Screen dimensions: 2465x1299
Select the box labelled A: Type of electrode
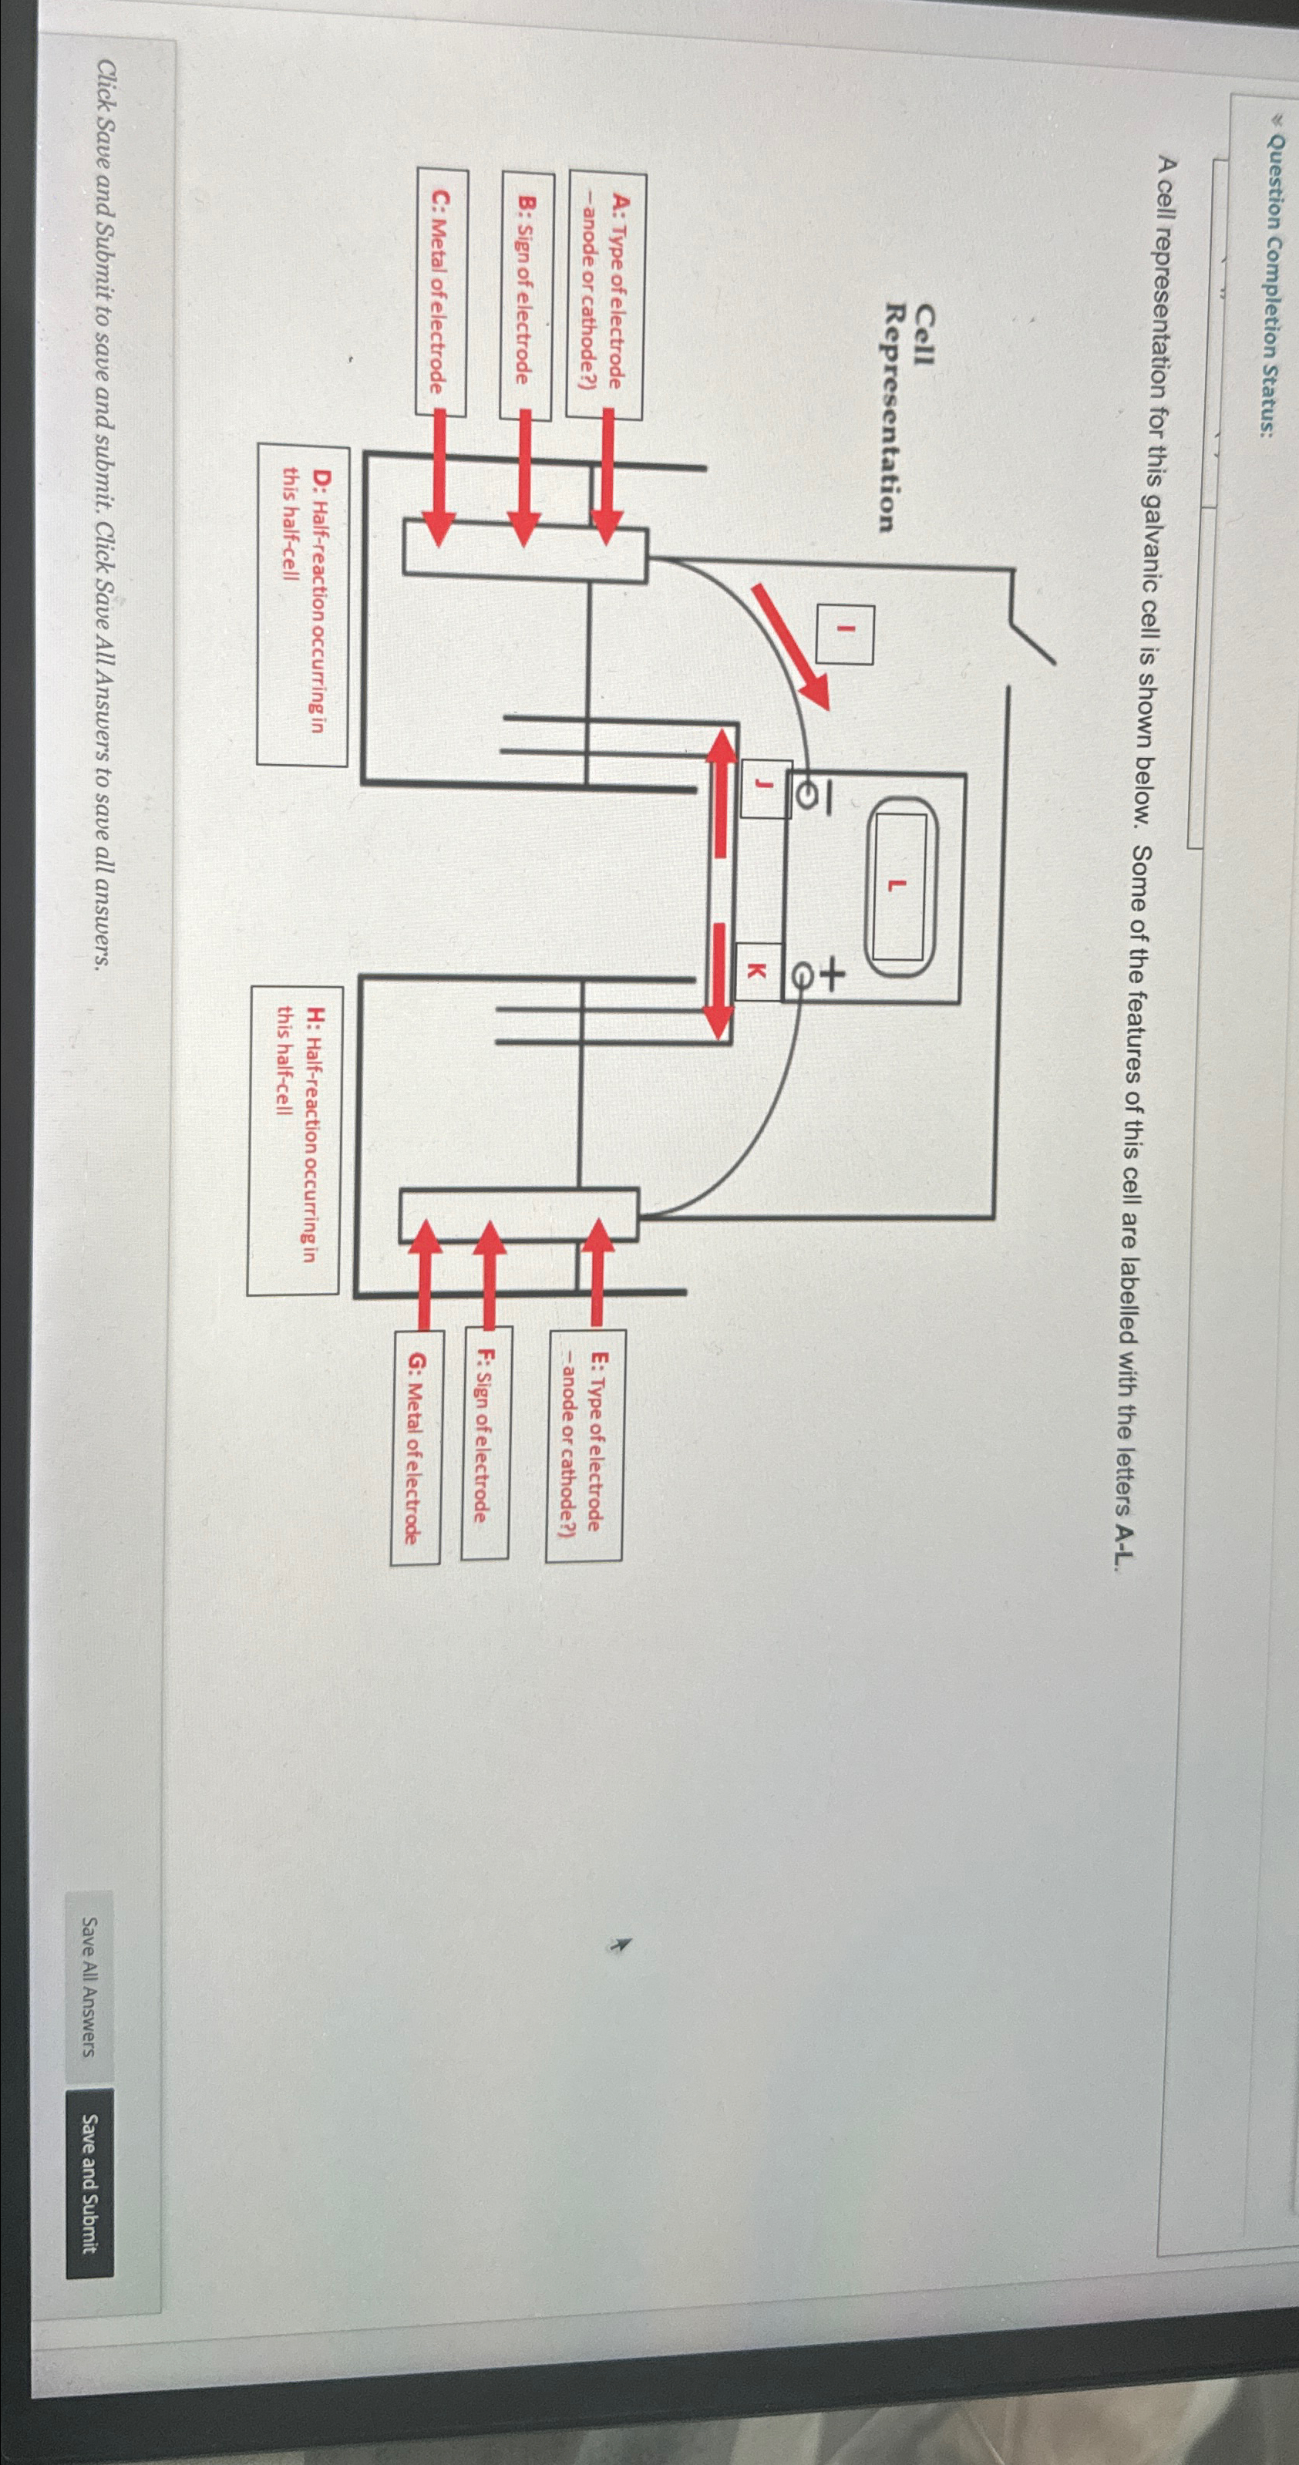pyautogui.click(x=605, y=295)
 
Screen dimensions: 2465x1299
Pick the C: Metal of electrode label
pyautogui.click(x=441, y=293)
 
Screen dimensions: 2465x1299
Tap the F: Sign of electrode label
pyautogui.click(x=485, y=1444)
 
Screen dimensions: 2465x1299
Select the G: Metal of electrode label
pyautogui.click(x=416, y=1446)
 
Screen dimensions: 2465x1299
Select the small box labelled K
pyautogui.click(x=756, y=972)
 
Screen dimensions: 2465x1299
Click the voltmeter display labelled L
pyautogui.click(x=897, y=886)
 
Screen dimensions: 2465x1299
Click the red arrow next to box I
pyautogui.click(x=790, y=646)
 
